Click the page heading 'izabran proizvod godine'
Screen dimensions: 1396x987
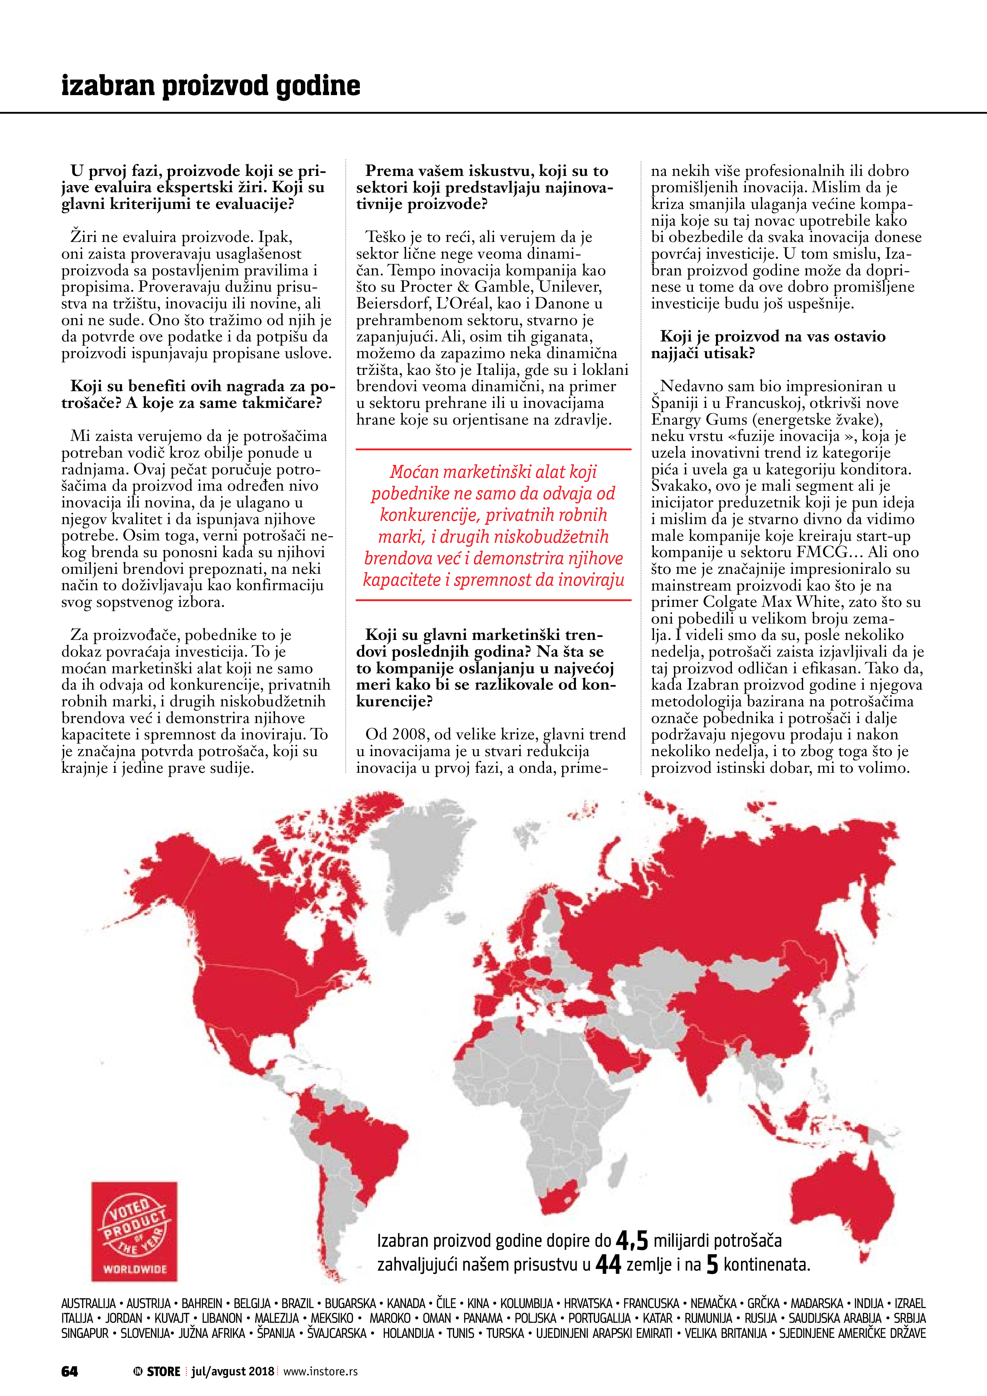211,86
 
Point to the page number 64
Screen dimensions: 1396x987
69,1371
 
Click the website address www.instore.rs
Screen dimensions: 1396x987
320,1371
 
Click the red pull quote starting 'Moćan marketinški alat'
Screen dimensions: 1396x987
493,525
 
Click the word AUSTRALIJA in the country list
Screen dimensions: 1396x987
88,1304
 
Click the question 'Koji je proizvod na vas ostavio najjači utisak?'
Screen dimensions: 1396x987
768,345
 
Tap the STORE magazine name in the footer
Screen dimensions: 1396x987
163,1371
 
